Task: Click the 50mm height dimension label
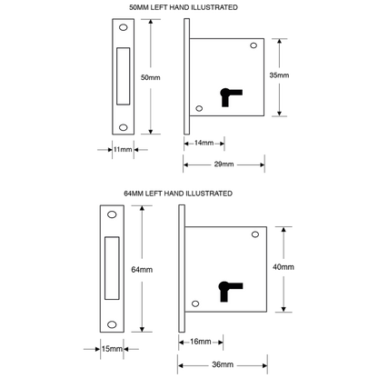coord(150,77)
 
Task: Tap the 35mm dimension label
coord(279,75)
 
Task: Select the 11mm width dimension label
coord(123,149)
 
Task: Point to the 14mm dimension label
coord(204,143)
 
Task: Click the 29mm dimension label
coord(224,164)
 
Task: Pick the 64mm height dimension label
coord(142,270)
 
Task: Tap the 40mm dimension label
coord(283,267)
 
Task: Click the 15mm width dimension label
coord(112,349)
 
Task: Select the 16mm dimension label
coord(201,342)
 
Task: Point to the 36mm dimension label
coord(223,364)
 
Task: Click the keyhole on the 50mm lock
coord(231,97)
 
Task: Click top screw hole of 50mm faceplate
coord(124,27)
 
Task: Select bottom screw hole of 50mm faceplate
coord(124,127)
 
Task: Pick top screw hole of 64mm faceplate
coord(112,214)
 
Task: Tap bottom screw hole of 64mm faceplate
coord(112,324)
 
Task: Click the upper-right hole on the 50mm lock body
coord(254,45)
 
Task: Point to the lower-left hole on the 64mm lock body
coord(195,303)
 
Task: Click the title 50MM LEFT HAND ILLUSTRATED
coord(184,7)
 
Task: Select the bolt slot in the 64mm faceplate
coord(112,268)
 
